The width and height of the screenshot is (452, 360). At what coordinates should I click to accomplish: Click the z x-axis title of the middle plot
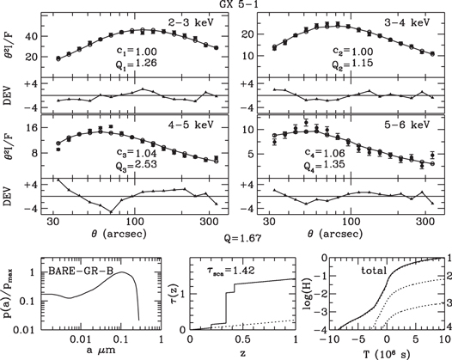242,353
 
